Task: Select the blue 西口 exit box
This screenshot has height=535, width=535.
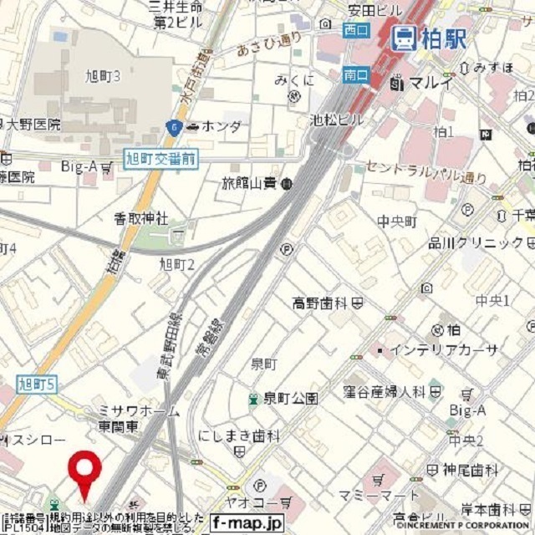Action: click(x=356, y=30)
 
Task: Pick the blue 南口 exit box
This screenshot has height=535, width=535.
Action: click(x=356, y=74)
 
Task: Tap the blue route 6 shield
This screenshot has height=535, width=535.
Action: click(x=173, y=127)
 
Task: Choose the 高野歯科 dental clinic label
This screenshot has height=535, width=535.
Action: click(x=321, y=302)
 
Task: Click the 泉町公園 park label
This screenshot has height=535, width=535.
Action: click(x=290, y=398)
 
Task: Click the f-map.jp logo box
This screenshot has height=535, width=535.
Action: click(x=247, y=523)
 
